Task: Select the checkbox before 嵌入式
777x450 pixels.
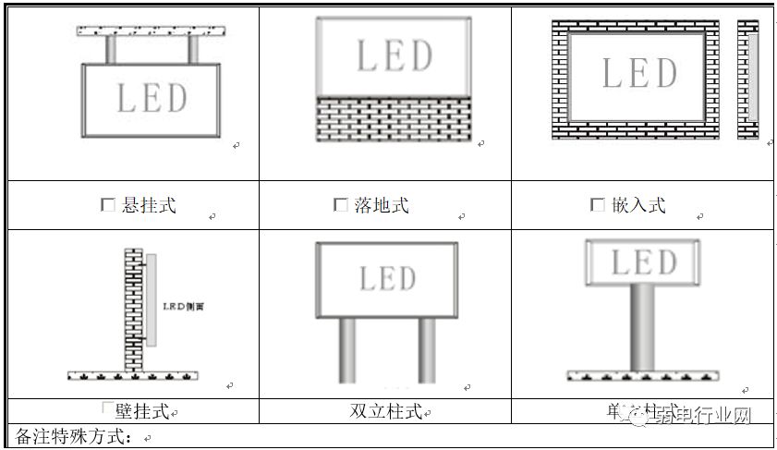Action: tap(597, 205)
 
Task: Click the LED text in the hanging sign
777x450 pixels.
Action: tap(152, 98)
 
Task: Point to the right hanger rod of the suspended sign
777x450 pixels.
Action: tap(194, 50)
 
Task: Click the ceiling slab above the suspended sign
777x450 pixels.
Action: tap(153, 31)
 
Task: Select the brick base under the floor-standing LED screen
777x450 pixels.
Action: tap(394, 118)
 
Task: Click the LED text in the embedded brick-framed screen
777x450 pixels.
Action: tap(639, 74)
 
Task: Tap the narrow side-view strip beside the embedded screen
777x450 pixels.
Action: tap(748, 79)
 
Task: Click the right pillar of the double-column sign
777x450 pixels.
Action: tap(426, 349)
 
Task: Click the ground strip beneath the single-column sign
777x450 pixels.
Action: tap(641, 376)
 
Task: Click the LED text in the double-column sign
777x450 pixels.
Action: tap(388, 278)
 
